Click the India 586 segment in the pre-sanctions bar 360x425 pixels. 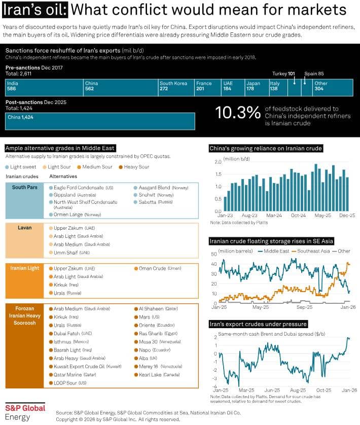coord(44,88)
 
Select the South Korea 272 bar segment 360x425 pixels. coord(176,88)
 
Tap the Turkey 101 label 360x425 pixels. coord(283,74)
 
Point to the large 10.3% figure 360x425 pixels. coord(238,113)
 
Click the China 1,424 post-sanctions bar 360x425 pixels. coord(100,121)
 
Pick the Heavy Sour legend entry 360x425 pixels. coord(134,167)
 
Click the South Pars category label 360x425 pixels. coord(25,187)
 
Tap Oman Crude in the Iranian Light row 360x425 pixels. coord(158,268)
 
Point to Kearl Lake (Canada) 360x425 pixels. coord(157,375)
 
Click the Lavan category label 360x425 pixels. coord(25,228)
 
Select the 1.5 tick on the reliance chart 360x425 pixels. coord(218,174)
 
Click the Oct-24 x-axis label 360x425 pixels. coord(298,216)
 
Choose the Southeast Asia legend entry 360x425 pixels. coord(311,251)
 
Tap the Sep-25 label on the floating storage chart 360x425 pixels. coord(304,307)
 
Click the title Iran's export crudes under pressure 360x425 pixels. coord(258,324)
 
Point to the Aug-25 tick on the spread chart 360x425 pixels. coord(298,391)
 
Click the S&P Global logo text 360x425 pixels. coord(25,408)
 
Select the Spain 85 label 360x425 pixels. coord(314,74)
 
